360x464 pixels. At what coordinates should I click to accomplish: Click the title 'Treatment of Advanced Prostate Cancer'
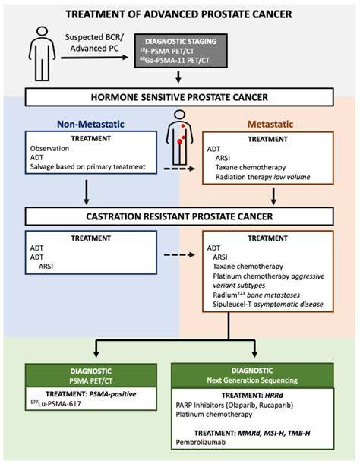pos(178,14)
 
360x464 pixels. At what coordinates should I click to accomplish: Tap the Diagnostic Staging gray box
pos(181,51)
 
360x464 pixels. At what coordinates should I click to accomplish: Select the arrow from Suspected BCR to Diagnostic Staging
pos(94,58)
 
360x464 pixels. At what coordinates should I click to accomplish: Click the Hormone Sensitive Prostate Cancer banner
pos(179,97)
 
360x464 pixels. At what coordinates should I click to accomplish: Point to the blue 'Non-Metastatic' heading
pos(90,124)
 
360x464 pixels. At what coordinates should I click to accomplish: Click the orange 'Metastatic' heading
pos(270,124)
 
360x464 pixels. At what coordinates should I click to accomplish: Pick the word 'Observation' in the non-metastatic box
pos(49,148)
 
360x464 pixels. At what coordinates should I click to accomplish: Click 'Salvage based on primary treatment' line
pos(87,166)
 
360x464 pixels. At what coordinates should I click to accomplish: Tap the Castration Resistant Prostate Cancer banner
pos(179,216)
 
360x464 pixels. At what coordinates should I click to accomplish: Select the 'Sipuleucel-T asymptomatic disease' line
pos(268,305)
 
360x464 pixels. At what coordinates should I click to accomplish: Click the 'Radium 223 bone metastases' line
pos(257,295)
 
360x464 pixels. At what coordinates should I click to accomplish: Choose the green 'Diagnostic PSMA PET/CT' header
pos(91,375)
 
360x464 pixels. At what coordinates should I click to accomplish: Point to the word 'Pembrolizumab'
pos(201,443)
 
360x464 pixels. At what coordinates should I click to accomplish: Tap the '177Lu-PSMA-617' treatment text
pos(55,403)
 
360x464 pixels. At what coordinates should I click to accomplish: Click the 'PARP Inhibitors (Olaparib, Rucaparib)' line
pos(235,405)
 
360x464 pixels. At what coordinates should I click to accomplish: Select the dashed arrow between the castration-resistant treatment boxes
pos(179,255)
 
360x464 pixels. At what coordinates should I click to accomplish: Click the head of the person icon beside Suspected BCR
pos(43,31)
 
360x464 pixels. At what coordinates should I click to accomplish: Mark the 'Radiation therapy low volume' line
pos(263,177)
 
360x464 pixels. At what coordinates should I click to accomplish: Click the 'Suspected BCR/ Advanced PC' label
pos(94,43)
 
